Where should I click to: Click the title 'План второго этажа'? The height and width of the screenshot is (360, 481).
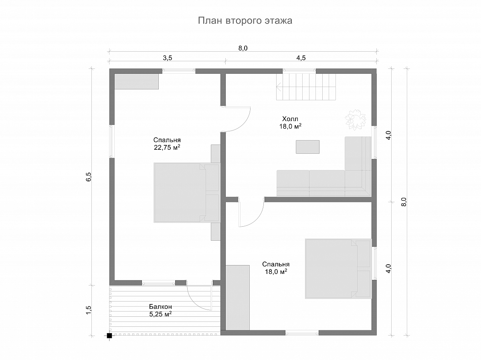click(245, 21)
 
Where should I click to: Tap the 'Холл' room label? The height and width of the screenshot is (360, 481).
click(290, 119)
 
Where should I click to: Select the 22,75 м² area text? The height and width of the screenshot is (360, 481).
click(167, 147)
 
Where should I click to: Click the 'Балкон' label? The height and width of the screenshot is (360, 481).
click(160, 307)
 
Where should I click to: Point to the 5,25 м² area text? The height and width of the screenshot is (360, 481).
click(160, 314)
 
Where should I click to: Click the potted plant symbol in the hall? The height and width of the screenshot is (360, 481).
click(356, 120)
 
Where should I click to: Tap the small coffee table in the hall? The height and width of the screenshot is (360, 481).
click(307, 147)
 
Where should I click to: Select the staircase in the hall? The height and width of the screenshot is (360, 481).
click(306, 87)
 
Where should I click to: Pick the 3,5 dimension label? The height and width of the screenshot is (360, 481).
click(168, 58)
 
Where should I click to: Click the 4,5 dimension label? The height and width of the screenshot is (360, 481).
click(301, 58)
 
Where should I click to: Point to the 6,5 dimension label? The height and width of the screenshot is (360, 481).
click(88, 177)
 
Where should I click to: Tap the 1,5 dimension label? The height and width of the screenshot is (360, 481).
click(88, 310)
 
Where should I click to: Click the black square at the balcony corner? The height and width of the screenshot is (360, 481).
click(109, 342)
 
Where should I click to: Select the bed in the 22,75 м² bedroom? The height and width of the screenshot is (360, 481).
click(186, 193)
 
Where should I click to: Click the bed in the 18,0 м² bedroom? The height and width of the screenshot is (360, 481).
click(338, 269)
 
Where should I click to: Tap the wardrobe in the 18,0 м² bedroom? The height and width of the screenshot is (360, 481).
click(238, 301)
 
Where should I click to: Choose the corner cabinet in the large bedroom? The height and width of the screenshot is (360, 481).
click(137, 81)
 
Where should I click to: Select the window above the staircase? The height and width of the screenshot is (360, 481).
click(299, 70)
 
